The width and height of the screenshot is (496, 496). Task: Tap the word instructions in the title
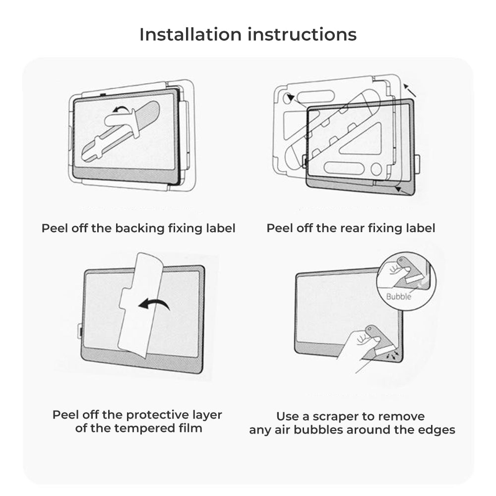(309, 35)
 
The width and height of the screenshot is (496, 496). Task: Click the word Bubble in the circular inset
(399, 297)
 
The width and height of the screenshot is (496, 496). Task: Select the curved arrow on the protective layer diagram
(154, 304)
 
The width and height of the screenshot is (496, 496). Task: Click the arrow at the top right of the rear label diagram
(409, 90)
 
